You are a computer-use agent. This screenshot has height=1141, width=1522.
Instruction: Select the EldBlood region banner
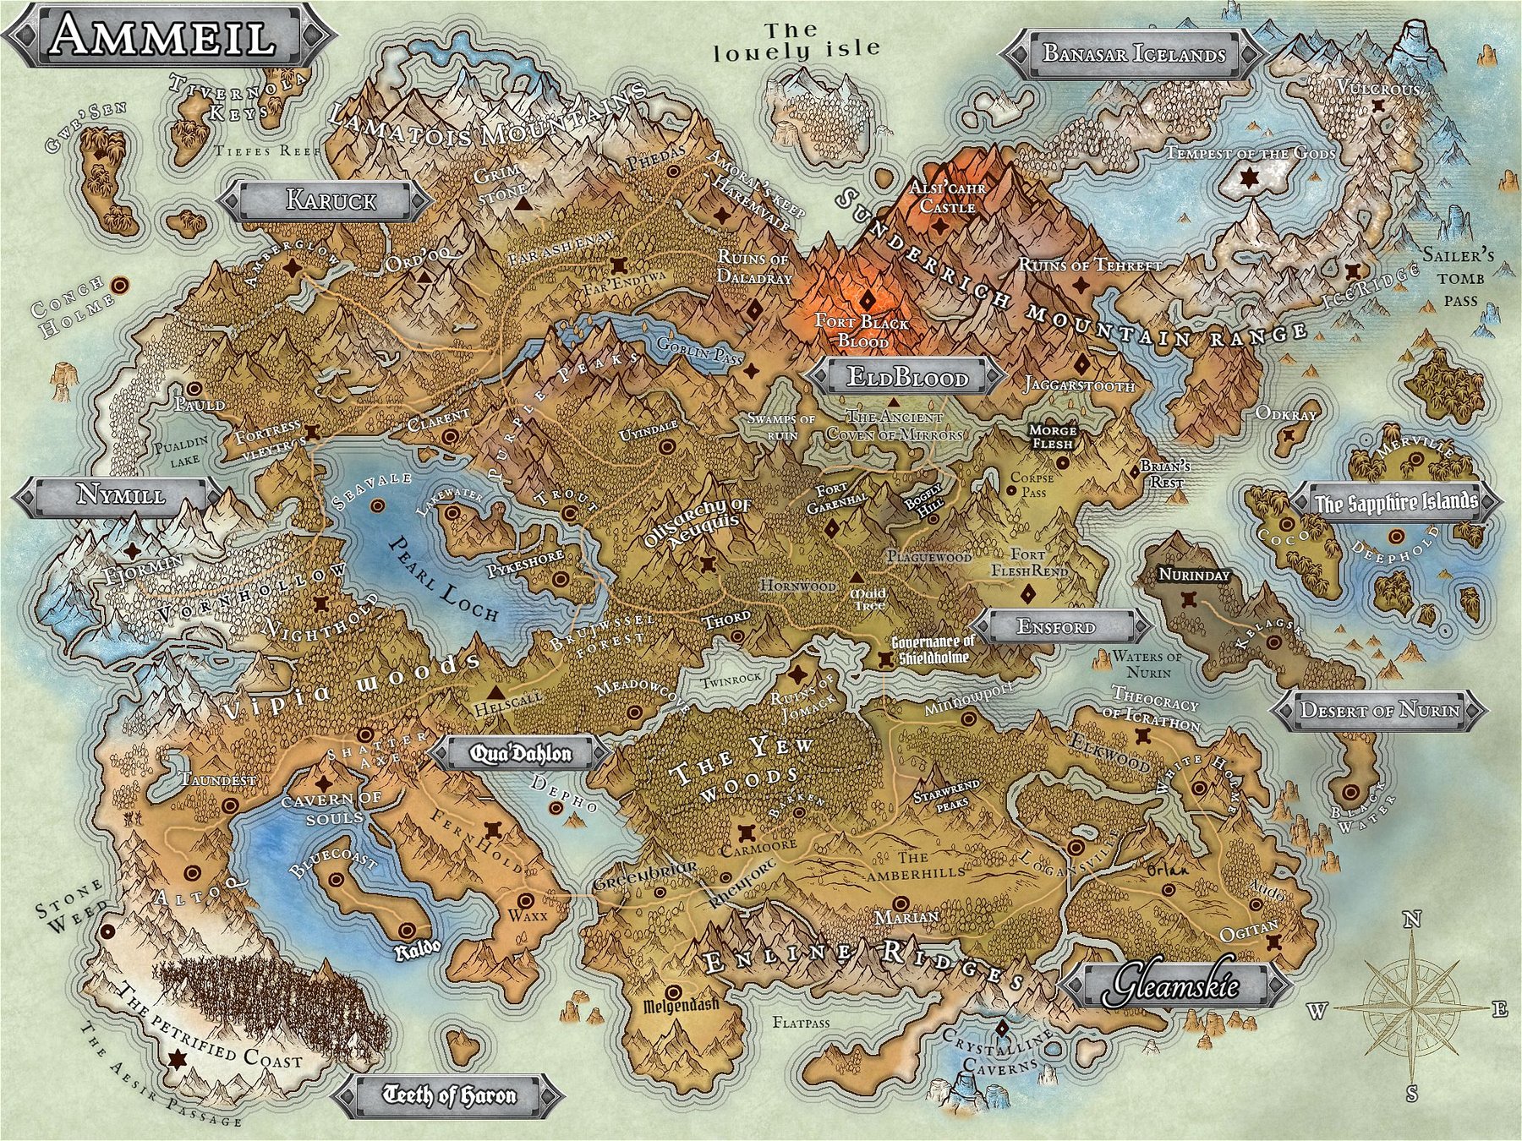(x=907, y=377)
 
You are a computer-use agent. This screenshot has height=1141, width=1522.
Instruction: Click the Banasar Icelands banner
(x=1133, y=54)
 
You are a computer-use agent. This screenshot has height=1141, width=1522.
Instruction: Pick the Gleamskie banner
(x=1175, y=985)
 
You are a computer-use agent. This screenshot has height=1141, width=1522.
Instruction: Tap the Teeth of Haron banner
(x=449, y=1096)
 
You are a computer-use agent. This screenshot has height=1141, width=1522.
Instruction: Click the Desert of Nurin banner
(x=1379, y=710)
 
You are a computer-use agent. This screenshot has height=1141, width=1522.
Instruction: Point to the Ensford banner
(x=1057, y=627)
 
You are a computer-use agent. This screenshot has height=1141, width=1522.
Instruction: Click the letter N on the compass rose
(x=1412, y=920)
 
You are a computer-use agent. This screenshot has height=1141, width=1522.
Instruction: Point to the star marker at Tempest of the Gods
(x=1249, y=178)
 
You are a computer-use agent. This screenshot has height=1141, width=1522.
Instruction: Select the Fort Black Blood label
(x=862, y=331)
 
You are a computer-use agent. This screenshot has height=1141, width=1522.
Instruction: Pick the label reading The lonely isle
(x=796, y=41)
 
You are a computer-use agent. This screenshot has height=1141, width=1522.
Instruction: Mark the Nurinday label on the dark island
(x=1193, y=575)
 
